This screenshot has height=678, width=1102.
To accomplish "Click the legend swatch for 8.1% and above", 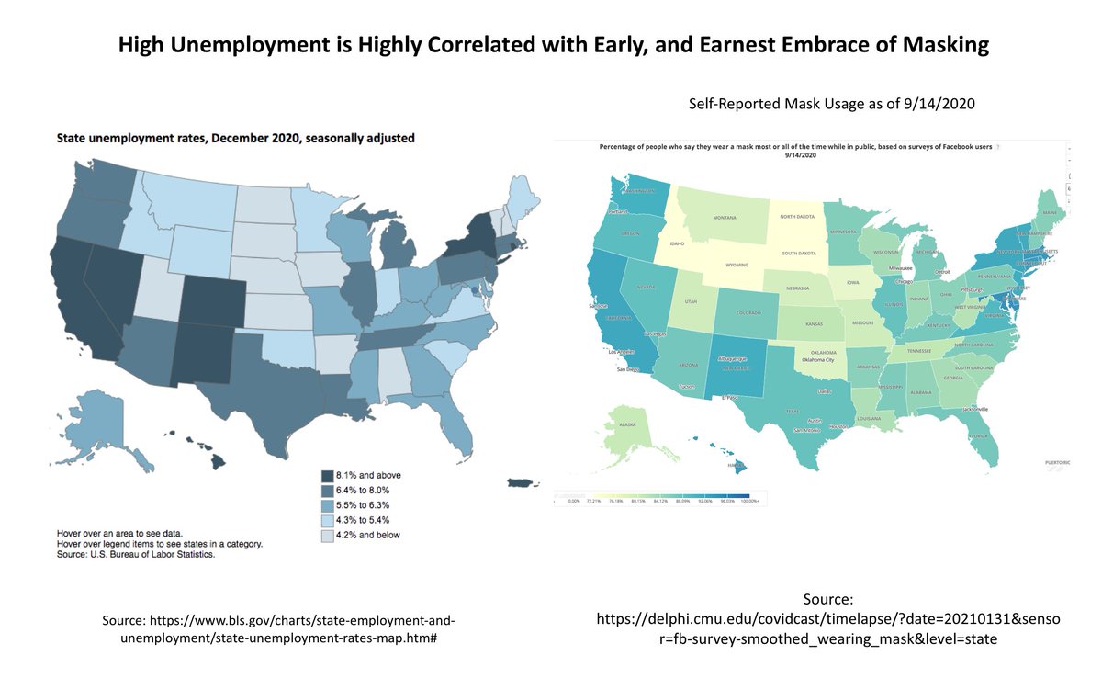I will coord(328,475).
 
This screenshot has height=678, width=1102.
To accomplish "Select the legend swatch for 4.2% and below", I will coord(328,535).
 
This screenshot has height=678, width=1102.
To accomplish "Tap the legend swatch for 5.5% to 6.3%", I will coord(328,504).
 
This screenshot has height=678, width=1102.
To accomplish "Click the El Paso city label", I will coord(729,398).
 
